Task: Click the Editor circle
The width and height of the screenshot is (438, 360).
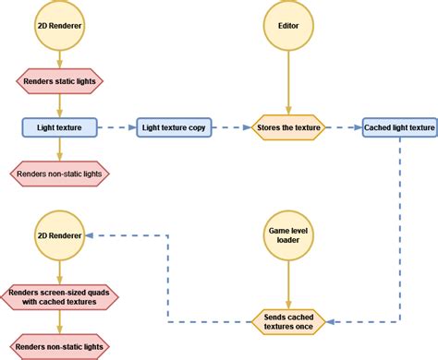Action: [288, 27]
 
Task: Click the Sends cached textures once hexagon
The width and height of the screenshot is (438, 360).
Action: [288, 322]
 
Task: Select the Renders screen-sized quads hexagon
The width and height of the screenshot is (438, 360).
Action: [59, 295]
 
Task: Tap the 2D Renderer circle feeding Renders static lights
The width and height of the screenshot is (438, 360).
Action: [59, 27]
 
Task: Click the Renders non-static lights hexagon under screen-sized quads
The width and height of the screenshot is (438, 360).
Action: [59, 348]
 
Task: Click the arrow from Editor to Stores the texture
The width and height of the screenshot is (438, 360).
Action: [288, 83]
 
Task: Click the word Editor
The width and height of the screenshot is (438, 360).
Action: [288, 27]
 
